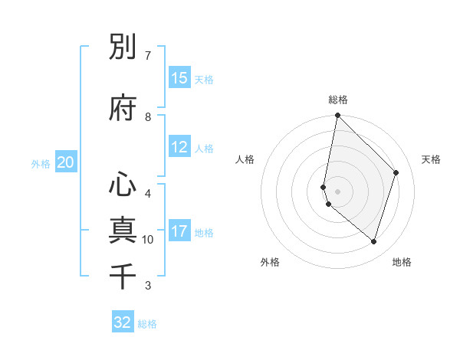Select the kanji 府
point(123,109)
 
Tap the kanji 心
point(123,185)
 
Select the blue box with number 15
point(179,78)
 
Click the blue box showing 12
point(179,148)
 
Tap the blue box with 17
point(179,231)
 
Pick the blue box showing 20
point(66,162)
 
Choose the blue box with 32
point(123,322)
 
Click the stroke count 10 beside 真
point(148,240)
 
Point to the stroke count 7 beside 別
point(148,56)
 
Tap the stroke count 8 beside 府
point(148,117)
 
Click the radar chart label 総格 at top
point(338,100)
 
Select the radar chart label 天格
point(432,159)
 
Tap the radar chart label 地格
point(402,262)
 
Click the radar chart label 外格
point(270,262)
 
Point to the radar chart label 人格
point(245,159)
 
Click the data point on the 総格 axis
point(337,116)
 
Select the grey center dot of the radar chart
point(338,191)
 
